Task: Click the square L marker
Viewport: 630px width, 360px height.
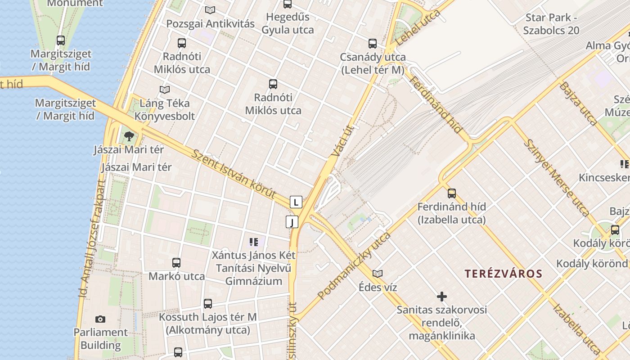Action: pos(296,202)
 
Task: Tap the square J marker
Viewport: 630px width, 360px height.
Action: pos(292,222)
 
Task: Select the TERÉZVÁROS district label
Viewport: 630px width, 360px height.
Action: pos(504,274)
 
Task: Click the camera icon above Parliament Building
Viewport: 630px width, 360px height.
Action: pos(100,319)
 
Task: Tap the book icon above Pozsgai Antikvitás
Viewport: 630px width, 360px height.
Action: pos(210,10)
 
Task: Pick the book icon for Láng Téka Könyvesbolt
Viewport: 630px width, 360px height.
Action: pos(165,90)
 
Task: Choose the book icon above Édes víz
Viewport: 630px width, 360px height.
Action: pos(378,274)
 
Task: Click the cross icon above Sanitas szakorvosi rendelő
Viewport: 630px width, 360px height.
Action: pos(442,297)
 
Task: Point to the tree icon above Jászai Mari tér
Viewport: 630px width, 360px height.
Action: pos(129,136)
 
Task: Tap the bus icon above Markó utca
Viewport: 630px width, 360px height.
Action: pos(176,263)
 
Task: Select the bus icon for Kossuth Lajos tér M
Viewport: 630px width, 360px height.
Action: pos(207,304)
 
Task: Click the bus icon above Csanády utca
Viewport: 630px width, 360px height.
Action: pos(373,44)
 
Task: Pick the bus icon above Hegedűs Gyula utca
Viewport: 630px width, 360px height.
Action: pos(288,4)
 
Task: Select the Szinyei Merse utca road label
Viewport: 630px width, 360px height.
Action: pos(557,178)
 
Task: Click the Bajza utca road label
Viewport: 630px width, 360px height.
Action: pos(578,103)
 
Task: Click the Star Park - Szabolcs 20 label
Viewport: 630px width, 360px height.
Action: pos(551,24)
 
